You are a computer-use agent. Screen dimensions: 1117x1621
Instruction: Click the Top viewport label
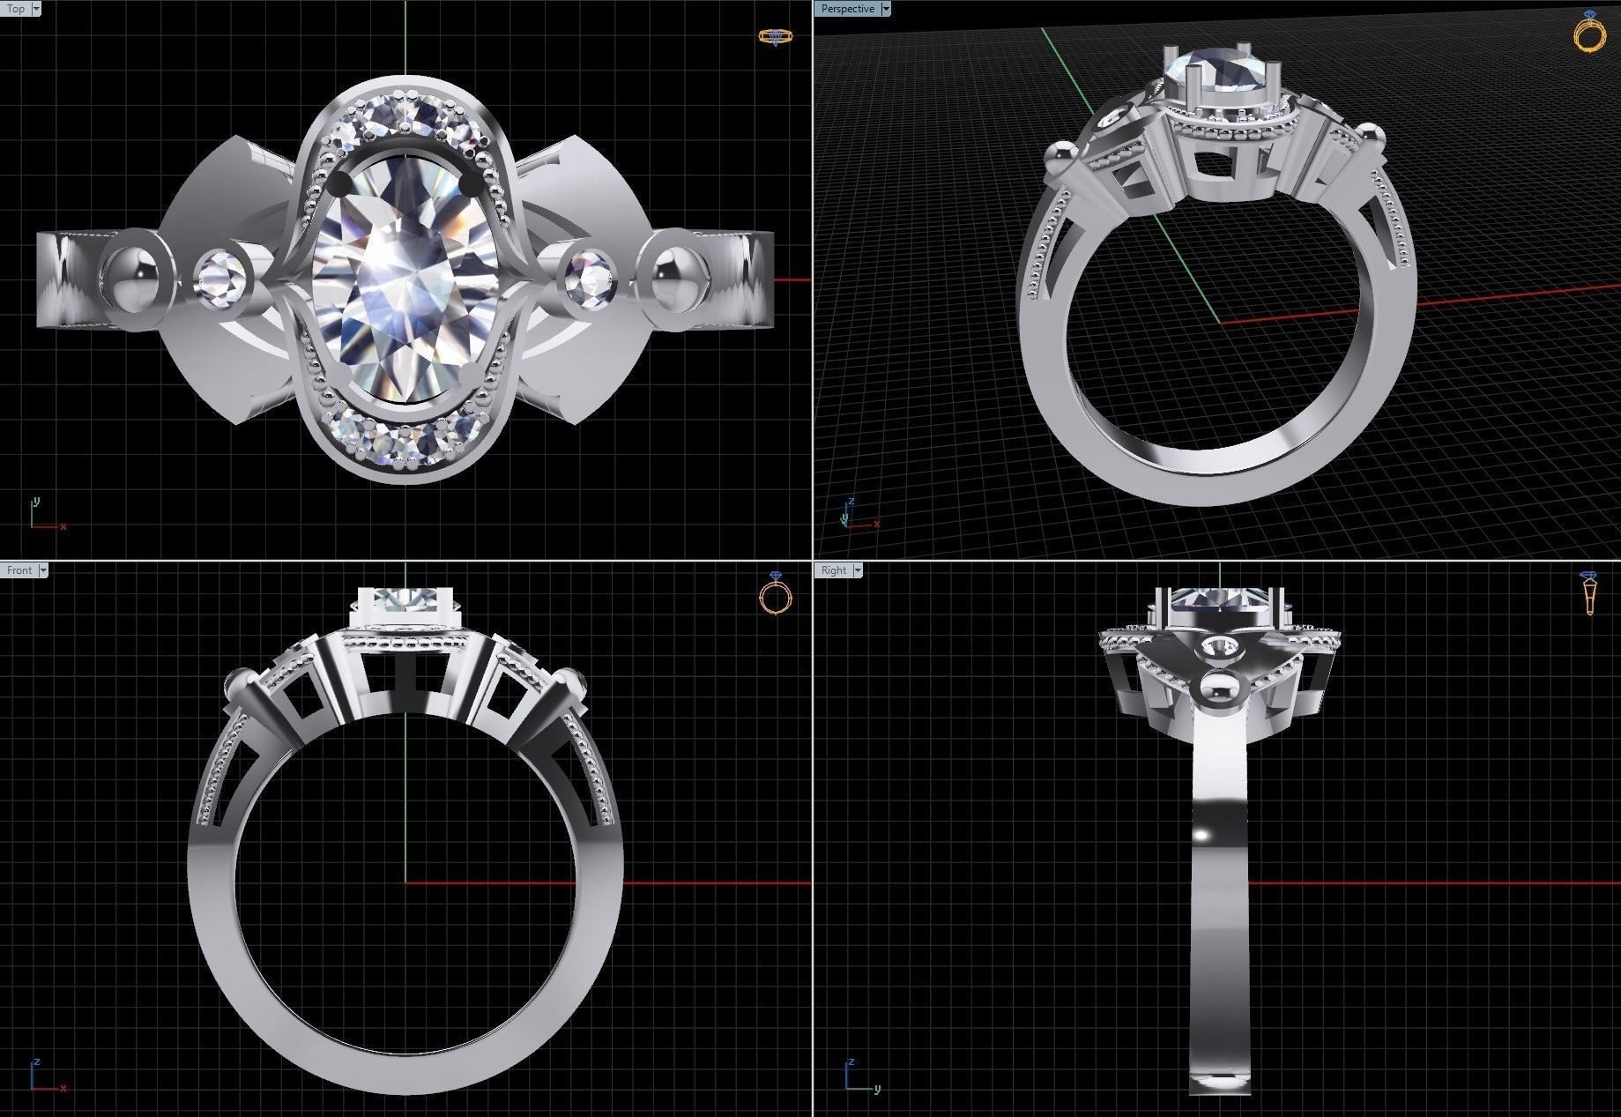(16, 9)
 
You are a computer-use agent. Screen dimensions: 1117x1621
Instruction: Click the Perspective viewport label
(846, 9)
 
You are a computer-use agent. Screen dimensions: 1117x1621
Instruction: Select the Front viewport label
(19, 570)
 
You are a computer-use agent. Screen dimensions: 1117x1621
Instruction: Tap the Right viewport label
(833, 570)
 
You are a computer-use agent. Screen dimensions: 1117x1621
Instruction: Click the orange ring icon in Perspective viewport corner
(1589, 33)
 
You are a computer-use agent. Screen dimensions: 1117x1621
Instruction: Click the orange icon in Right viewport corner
(1589, 592)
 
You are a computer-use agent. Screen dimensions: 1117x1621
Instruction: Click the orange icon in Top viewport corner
(775, 36)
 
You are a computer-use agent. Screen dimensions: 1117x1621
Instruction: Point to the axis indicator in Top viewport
(44, 515)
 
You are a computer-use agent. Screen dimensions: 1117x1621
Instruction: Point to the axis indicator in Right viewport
(860, 1076)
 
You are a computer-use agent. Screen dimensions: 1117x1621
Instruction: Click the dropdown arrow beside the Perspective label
(886, 9)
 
